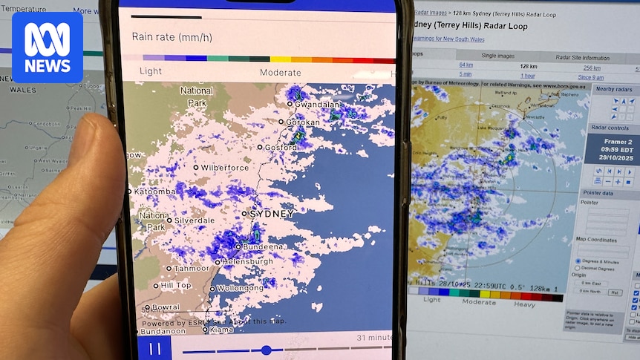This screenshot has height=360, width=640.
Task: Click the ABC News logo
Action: (48, 47)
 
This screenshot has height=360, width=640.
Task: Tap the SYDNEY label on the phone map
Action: (270, 214)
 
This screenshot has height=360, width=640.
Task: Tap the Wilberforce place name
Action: (224, 168)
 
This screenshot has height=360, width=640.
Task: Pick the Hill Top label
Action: (176, 285)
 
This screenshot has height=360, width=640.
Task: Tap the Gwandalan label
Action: (317, 105)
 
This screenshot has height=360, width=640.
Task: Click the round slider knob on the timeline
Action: (267, 350)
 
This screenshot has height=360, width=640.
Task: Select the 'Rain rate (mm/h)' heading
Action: (172, 36)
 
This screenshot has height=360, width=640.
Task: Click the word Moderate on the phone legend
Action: (281, 73)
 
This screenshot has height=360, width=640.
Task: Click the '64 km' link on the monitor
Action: (466, 65)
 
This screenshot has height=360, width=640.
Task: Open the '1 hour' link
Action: (528, 75)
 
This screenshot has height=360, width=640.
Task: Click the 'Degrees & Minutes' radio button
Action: (579, 261)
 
